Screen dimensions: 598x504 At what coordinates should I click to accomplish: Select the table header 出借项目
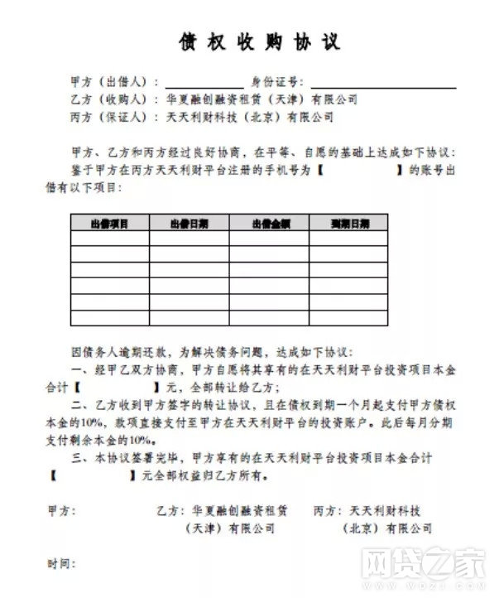tap(109, 223)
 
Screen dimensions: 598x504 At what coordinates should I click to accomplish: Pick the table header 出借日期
tap(189, 223)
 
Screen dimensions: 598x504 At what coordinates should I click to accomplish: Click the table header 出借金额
tap(269, 223)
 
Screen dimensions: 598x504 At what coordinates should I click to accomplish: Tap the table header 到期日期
tap(348, 223)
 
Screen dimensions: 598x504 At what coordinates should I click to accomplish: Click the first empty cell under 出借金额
tap(269, 239)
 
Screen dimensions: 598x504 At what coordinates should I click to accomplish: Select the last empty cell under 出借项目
tap(109, 317)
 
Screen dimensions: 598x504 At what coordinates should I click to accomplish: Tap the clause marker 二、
tap(79, 404)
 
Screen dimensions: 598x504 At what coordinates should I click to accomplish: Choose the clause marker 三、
tap(79, 457)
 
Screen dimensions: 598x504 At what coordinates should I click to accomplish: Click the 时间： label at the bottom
tap(62, 564)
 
